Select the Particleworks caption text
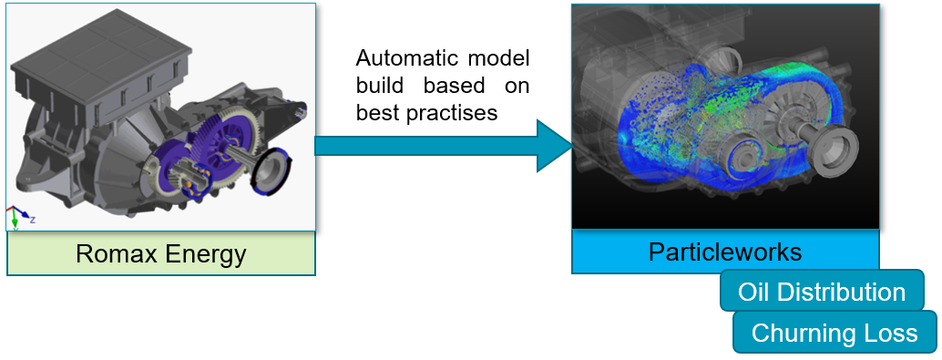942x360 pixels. tap(725, 252)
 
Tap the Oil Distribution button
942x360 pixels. tap(821, 292)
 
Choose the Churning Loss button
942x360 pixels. tap(834, 333)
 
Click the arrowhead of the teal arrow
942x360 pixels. tap(553, 146)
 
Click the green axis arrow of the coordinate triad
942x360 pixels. tap(15, 221)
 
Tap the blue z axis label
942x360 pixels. tap(32, 220)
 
